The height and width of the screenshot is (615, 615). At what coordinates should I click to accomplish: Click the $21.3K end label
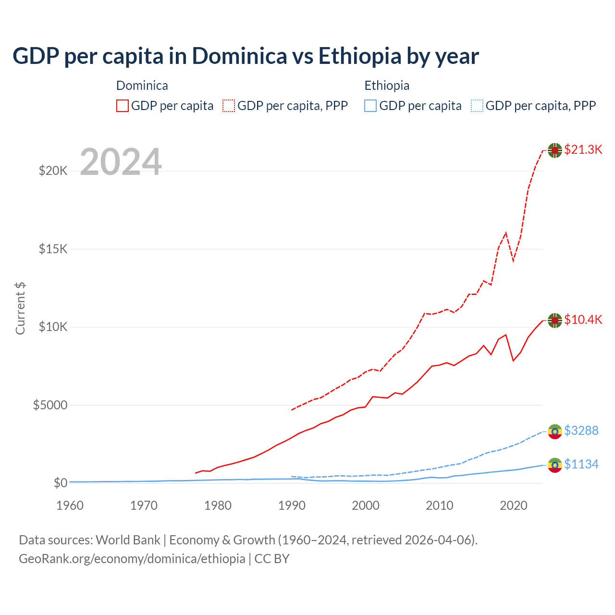point(583,149)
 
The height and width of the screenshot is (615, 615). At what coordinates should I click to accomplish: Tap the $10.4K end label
point(583,320)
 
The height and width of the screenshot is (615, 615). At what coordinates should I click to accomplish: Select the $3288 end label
point(581,430)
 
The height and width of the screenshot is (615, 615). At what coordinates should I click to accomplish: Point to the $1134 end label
point(581,464)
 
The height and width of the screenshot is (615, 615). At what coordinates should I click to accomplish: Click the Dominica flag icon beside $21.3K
point(555,150)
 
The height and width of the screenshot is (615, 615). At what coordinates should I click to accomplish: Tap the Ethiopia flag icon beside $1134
point(555,465)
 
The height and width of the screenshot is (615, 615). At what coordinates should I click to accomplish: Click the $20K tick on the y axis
point(53,171)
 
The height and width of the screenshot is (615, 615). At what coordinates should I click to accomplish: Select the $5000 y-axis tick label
point(50,405)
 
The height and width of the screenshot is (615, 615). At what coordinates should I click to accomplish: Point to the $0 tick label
point(60,483)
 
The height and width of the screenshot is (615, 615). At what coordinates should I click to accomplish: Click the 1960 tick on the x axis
point(70,505)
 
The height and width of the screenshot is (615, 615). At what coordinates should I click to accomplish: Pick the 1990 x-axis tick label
point(292,505)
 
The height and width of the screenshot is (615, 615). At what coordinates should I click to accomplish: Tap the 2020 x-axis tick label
point(514,505)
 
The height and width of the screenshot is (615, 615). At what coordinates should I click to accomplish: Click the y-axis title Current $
point(20,308)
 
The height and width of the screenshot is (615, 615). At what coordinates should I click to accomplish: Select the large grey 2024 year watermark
point(121,162)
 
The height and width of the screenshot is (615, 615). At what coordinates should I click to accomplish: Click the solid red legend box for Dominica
point(123,106)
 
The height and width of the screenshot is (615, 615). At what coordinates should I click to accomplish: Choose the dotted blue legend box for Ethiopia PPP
point(477,106)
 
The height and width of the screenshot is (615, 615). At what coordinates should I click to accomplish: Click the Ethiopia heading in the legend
point(387,86)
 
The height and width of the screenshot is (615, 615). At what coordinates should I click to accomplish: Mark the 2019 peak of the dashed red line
point(505,233)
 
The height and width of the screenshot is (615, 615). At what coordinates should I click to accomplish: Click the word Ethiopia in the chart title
point(359,56)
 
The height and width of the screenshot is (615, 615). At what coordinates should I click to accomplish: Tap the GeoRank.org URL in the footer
point(132,559)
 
